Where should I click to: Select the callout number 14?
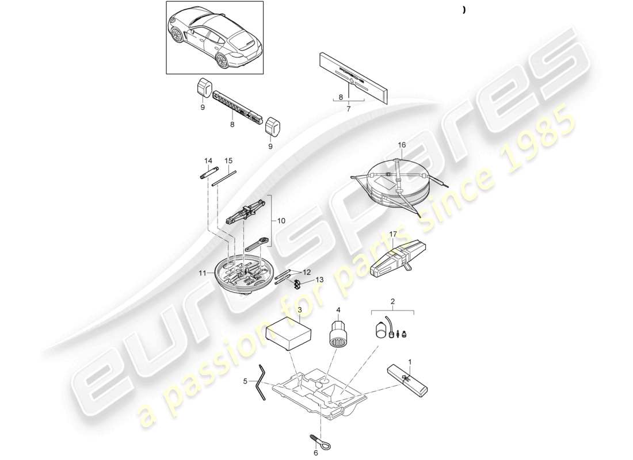click(208, 160)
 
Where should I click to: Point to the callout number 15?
click(228, 160)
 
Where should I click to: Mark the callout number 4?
click(338, 310)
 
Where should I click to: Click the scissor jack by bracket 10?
click(245, 212)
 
